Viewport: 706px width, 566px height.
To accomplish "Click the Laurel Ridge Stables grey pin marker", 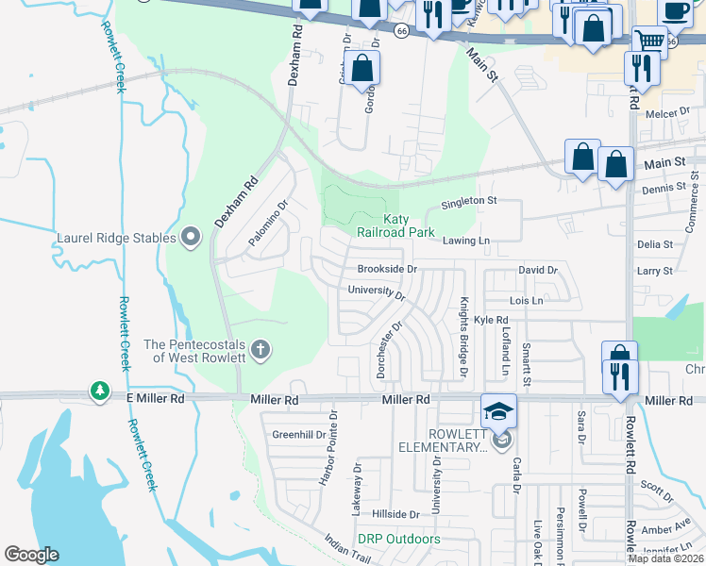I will [192, 237].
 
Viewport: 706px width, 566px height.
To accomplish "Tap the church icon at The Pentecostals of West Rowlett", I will [261, 351].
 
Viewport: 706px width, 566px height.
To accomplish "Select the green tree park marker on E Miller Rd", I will [99, 390].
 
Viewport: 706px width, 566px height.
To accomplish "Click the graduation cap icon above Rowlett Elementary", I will [499, 410].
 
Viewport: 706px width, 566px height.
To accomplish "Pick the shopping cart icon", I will [649, 41].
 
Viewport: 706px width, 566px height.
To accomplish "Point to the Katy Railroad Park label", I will [395, 225].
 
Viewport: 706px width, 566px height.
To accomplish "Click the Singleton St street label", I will [468, 201].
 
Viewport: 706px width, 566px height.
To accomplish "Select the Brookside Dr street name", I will [387, 269].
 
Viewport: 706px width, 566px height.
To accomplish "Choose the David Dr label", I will [538, 270].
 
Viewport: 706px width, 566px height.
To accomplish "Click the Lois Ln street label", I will [526, 301].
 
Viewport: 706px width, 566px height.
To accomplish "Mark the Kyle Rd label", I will [491, 321].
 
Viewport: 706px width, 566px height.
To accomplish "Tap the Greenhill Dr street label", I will [298, 435].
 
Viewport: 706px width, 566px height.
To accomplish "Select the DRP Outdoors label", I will [398, 539].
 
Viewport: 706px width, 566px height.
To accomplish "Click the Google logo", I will [32, 555].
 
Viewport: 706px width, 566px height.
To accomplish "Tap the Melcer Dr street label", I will [669, 114].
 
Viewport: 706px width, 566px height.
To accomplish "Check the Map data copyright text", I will [665, 558].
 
